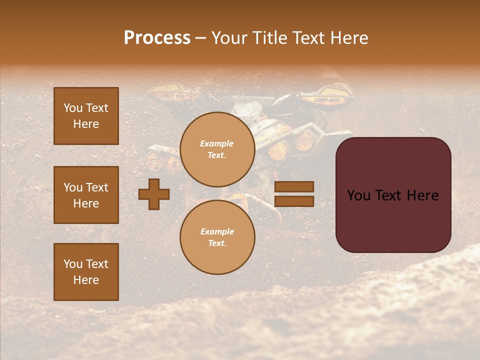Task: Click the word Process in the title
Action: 157,38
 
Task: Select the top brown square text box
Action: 86,116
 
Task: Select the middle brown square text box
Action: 86,195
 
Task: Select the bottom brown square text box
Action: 86,272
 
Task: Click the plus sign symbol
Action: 154,194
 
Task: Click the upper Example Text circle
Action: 217,149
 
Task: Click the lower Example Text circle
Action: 217,237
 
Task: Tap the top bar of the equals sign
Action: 294,186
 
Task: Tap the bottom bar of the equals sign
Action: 294,201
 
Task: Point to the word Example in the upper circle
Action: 216,143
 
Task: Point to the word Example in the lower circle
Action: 217,231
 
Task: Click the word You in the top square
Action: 73,108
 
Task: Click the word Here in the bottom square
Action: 86,280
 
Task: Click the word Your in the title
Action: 229,38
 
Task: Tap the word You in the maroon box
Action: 359,195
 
